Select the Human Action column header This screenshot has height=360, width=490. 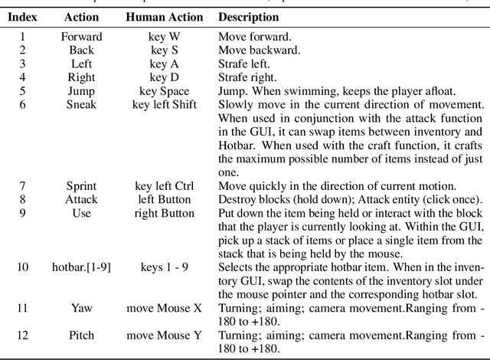tap(164, 17)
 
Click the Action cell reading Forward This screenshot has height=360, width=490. tap(80, 35)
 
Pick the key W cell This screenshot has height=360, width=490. tap(164, 35)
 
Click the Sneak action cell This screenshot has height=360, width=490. tap(80, 104)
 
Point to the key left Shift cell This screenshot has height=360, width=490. tap(164, 104)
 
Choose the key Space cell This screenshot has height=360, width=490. tap(164, 90)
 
